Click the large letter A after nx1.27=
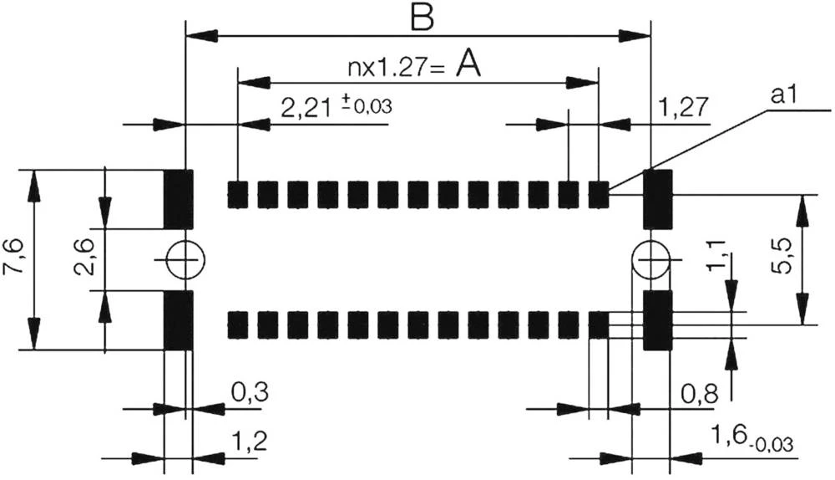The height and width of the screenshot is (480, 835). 469,65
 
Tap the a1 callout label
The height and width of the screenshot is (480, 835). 786,98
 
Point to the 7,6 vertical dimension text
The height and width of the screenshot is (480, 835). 15,259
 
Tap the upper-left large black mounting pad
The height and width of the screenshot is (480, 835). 178,199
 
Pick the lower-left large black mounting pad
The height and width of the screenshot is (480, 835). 178,319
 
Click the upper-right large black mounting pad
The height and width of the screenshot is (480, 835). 657,199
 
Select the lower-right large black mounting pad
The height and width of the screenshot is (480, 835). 657,320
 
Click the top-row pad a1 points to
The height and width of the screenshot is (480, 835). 599,194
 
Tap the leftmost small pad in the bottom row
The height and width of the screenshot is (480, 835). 239,324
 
